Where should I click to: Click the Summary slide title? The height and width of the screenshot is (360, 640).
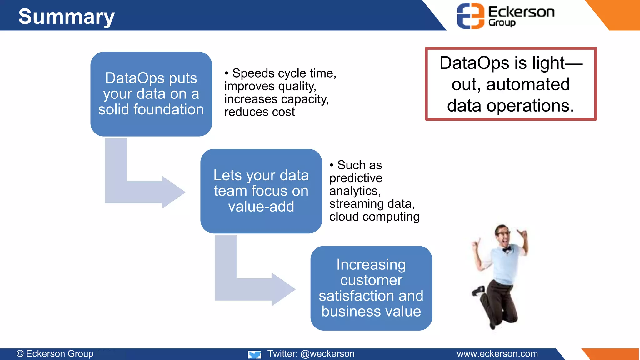click(x=66, y=17)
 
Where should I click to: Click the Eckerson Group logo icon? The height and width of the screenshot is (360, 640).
click(x=471, y=16)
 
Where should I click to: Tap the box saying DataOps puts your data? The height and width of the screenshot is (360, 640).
click(x=151, y=94)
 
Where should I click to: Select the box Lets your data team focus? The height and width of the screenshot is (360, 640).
click(x=261, y=191)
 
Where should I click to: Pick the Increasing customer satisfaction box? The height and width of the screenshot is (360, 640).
click(x=371, y=288)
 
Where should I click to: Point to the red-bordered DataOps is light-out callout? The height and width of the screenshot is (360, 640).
click(x=511, y=84)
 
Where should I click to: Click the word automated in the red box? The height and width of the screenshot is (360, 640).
click(x=528, y=84)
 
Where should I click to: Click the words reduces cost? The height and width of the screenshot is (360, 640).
click(x=259, y=112)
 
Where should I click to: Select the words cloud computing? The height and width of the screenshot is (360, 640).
click(x=374, y=217)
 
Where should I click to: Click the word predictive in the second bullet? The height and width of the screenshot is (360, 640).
click(x=356, y=178)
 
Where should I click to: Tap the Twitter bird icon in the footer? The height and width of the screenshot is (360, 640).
click(x=255, y=354)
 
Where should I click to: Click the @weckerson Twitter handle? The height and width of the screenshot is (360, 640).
click(x=327, y=354)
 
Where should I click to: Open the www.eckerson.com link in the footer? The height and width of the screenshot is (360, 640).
click(x=497, y=354)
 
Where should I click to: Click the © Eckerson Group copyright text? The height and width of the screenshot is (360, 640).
click(x=55, y=354)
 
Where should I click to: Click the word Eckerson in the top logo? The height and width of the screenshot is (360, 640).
click(x=521, y=12)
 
